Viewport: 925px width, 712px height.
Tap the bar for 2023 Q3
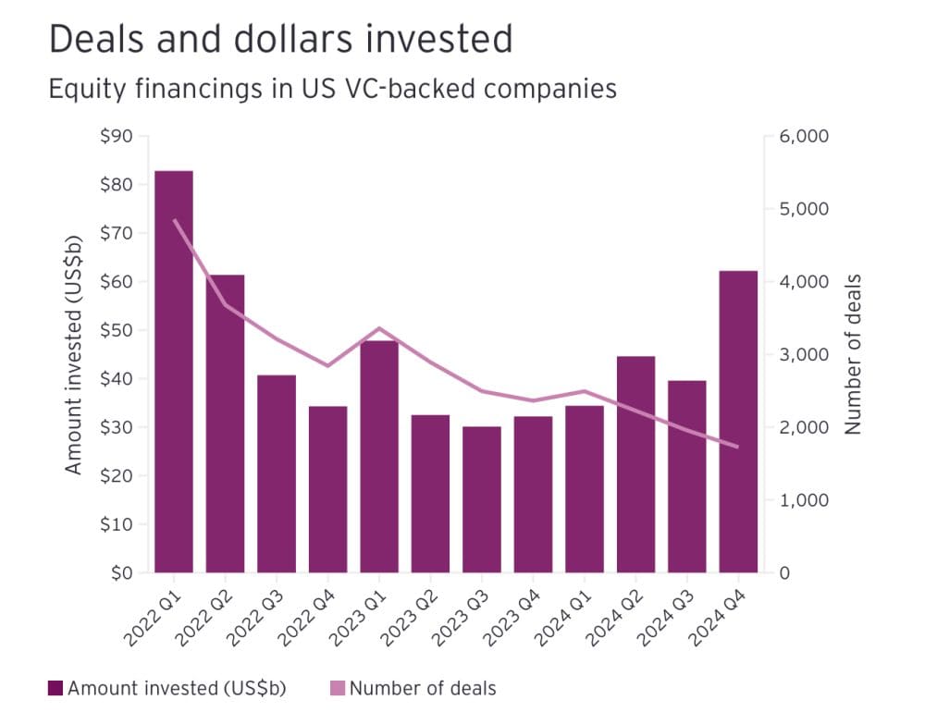point(482,499)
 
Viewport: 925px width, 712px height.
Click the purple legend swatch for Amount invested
point(55,689)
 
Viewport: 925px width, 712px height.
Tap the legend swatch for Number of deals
point(337,689)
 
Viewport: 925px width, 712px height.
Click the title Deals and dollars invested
point(279,40)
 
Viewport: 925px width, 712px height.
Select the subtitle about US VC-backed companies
point(331,89)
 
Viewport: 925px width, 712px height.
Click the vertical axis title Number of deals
point(853,354)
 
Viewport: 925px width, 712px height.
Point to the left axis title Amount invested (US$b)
point(74,354)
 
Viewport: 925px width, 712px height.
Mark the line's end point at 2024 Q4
point(738,447)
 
